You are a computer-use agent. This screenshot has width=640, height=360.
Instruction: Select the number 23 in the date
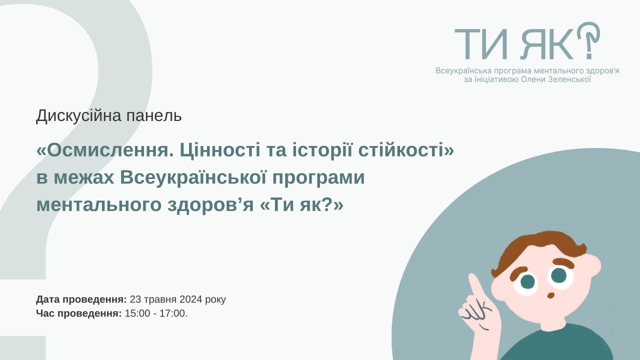click(135, 300)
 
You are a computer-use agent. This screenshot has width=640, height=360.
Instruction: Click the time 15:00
click(135, 314)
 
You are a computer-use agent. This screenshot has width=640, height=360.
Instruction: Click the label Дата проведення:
click(81, 300)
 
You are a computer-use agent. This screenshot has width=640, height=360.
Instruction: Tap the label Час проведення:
click(78, 314)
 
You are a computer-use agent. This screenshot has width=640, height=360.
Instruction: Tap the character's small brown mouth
click(551, 295)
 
